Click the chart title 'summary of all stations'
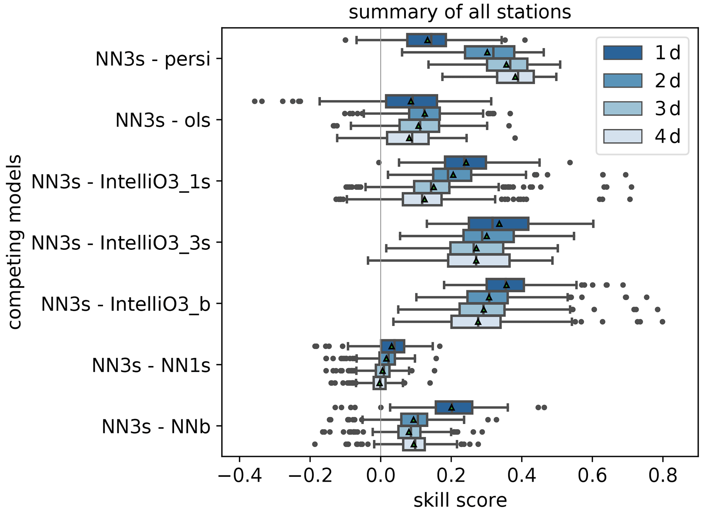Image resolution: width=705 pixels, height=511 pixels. pyautogui.click(x=459, y=12)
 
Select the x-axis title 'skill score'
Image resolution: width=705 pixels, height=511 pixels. pyautogui.click(x=460, y=500)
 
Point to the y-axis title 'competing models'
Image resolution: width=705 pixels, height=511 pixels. pyautogui.click(x=15, y=242)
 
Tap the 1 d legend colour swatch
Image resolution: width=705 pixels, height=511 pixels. pyautogui.click(x=622, y=53)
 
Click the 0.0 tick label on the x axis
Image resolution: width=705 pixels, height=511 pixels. pyautogui.click(x=381, y=475)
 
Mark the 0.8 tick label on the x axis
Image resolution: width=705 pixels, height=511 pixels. pyautogui.click(x=662, y=475)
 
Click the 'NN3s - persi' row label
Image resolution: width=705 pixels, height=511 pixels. pyautogui.click(x=153, y=59)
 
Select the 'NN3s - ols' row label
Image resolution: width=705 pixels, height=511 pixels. pyautogui.click(x=163, y=120)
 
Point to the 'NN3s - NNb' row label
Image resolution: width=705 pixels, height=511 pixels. pyautogui.click(x=156, y=426)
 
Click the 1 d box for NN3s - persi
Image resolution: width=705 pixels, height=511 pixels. pyautogui.click(x=426, y=40)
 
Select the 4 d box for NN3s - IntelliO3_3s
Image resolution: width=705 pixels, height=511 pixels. pyautogui.click(x=479, y=261)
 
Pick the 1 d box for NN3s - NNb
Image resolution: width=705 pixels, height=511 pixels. pyautogui.click(x=454, y=408)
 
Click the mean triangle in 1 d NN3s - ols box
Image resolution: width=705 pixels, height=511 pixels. pyautogui.click(x=411, y=101)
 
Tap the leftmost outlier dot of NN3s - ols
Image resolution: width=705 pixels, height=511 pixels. pyautogui.click(x=254, y=101)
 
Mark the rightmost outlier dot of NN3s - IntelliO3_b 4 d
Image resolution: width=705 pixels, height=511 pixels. pyautogui.click(x=662, y=322)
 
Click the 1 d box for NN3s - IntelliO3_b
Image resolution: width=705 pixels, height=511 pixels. pyautogui.click(x=505, y=285)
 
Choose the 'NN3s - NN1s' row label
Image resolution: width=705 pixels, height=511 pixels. pyautogui.click(x=151, y=365)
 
